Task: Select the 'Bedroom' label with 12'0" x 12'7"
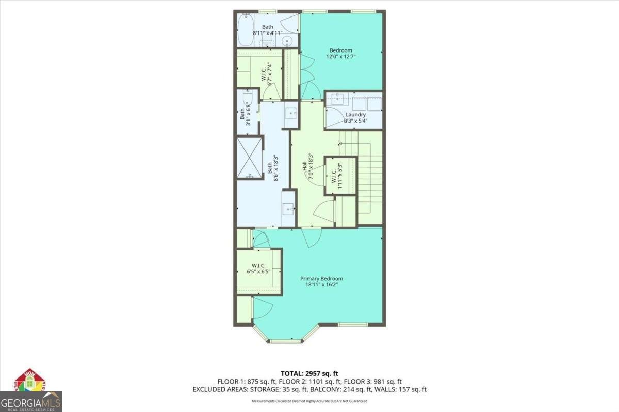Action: [x=340, y=50]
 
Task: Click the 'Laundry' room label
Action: [x=355, y=115]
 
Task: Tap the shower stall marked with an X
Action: [x=250, y=158]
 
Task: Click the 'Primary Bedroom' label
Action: [x=321, y=279]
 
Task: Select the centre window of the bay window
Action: [x=285, y=341]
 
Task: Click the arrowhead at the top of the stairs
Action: [x=340, y=143]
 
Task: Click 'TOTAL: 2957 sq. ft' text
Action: [x=309, y=373]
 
